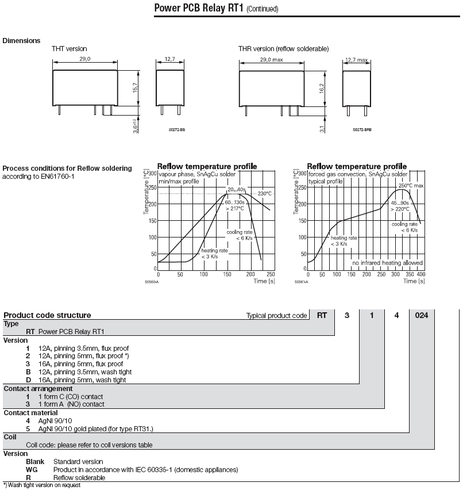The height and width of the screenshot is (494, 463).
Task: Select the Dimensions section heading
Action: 22,41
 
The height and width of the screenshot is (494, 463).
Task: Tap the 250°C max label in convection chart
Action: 411,186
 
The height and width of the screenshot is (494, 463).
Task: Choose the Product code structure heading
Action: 47,315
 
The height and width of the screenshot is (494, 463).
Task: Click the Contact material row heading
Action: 30,412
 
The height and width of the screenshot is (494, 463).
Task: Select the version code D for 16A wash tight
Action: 28,380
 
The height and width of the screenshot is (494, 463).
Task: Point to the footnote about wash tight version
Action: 42,485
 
